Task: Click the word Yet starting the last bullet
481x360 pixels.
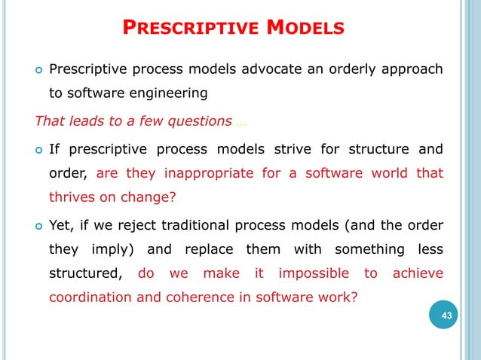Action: (x=62, y=224)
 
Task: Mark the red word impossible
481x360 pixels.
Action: (x=314, y=273)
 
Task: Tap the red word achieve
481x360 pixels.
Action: (x=418, y=273)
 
